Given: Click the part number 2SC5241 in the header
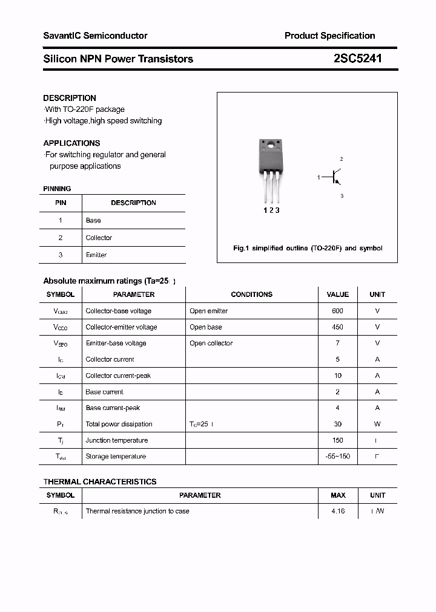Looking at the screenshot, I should pyautogui.click(x=357, y=59).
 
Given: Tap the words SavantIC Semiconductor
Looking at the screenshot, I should pyautogui.click(x=95, y=36).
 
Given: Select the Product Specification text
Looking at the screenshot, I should pyautogui.click(x=329, y=36).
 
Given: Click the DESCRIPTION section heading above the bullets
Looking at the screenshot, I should pyautogui.click(x=70, y=98).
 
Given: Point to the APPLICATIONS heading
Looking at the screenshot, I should pyautogui.click(x=71, y=143).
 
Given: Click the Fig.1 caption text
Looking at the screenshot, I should pyautogui.click(x=308, y=249).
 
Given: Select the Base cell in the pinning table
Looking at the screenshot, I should pyautogui.click(x=93, y=221).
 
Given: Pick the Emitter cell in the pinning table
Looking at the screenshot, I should pyautogui.click(x=96, y=255).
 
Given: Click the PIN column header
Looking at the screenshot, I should pyautogui.click(x=61, y=203).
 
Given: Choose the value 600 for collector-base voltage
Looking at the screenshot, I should pyautogui.click(x=337, y=311).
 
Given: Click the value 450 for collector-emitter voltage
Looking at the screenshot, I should pyautogui.click(x=337, y=327).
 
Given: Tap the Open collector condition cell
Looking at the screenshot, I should pyautogui.click(x=211, y=343).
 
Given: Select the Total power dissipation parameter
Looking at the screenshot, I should pyautogui.click(x=119, y=425).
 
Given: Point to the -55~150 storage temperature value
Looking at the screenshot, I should pyautogui.click(x=337, y=457).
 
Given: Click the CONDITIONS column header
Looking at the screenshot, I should pyautogui.click(x=251, y=295).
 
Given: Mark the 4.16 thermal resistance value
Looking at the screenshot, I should pyautogui.click(x=338, y=512).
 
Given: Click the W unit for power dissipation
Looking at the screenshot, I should pyautogui.click(x=377, y=425).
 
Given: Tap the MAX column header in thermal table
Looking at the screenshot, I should pyautogui.click(x=338, y=495).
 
